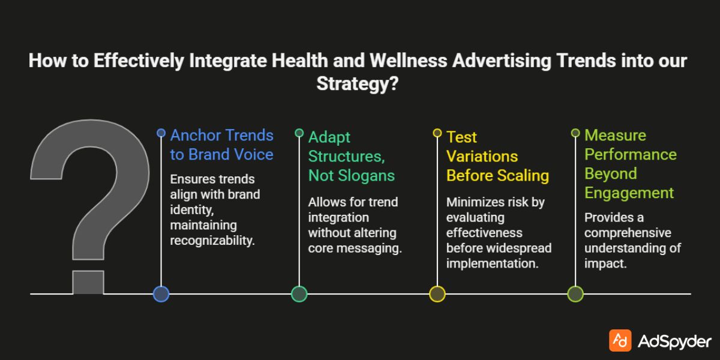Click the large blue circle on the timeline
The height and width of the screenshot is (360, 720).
[161, 293]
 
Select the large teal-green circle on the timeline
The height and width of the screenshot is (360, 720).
[299, 293]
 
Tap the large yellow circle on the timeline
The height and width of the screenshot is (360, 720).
[437, 293]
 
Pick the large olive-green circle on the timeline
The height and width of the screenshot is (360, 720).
[575, 293]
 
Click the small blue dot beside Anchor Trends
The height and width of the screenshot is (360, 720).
[161, 133]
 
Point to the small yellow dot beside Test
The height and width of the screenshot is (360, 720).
[437, 133]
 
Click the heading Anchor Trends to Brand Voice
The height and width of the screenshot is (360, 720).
[221, 145]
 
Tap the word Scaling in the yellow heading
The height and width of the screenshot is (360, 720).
[523, 175]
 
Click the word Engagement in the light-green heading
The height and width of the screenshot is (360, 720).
[629, 193]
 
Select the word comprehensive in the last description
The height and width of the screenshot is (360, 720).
[628, 233]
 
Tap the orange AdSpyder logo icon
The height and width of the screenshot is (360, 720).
[620, 340]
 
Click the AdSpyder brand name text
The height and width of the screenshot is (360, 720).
[674, 341]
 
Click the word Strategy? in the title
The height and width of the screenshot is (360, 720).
[358, 83]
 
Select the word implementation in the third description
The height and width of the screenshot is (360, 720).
[491, 263]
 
